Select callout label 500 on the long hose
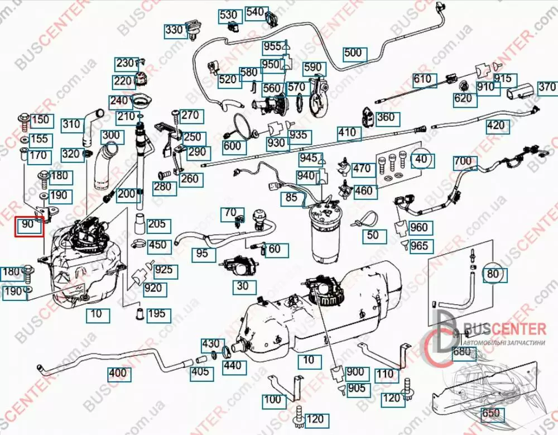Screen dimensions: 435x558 pyautogui.click(x=353, y=54)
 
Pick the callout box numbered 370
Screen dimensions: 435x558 pyautogui.click(x=547, y=88)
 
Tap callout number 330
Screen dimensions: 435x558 pyautogui.click(x=175, y=30)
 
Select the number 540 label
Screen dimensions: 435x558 pyautogui.click(x=254, y=12)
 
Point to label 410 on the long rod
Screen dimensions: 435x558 pyautogui.click(x=347, y=133)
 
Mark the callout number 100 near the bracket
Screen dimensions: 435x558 pyautogui.click(x=273, y=400)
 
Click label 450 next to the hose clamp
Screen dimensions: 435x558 pyautogui.click(x=157, y=245)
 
